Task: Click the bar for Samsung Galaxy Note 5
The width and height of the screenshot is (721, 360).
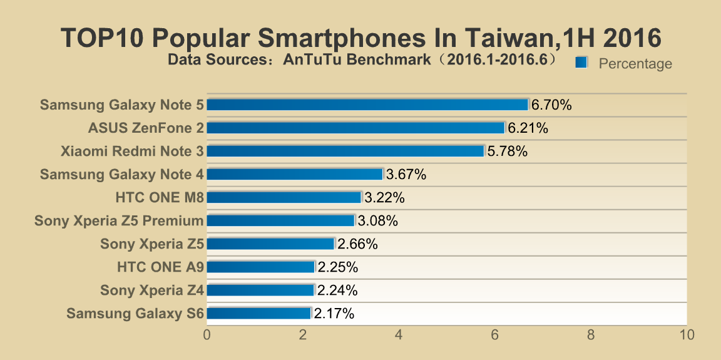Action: click(367, 105)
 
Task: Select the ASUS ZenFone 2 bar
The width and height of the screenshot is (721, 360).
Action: click(355, 128)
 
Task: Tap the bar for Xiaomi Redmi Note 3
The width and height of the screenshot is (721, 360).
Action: click(345, 151)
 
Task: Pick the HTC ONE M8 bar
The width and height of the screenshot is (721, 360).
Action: click(284, 197)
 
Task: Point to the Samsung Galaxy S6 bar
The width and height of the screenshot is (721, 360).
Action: click(258, 313)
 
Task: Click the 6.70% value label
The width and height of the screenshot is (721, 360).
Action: click(551, 105)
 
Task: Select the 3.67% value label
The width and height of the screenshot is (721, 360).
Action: click(406, 175)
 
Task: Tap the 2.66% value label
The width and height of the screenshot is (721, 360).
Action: click(357, 244)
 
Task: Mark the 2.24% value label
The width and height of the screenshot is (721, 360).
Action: click(337, 291)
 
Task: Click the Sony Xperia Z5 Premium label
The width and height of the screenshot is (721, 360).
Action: click(119, 220)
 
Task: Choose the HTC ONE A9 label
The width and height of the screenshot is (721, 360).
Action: click(160, 267)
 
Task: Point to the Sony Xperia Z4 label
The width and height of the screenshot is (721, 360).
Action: click(152, 291)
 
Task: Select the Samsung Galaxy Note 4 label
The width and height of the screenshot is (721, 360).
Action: click(122, 174)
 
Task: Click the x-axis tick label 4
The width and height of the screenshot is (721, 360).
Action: click(399, 335)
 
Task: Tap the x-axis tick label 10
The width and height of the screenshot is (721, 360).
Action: click(687, 335)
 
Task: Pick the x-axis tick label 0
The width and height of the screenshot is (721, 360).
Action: click(207, 335)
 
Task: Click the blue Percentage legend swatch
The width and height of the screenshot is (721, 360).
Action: click(581, 62)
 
